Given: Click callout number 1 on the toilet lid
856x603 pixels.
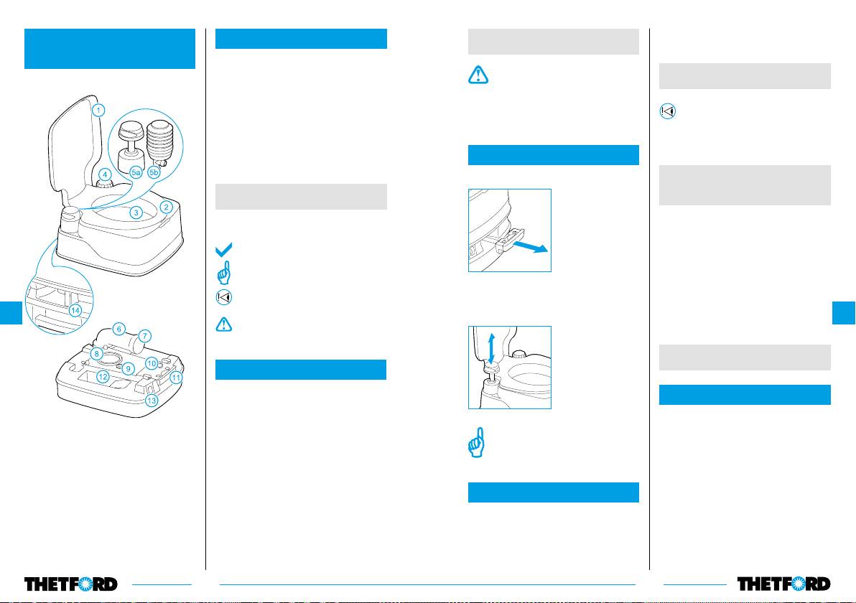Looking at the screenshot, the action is coord(98,111).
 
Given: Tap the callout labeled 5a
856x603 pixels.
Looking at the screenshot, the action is coord(136,172).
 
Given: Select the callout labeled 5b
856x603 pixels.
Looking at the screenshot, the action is coord(154,172).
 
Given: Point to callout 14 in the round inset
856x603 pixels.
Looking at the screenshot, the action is coord(75,311).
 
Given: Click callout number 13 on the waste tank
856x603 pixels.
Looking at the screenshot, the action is coord(152,401).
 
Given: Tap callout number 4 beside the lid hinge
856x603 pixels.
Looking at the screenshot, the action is coord(105,174).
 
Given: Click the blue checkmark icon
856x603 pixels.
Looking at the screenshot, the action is coord(224,249).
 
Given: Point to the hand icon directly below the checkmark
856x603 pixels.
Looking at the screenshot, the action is coord(224,273).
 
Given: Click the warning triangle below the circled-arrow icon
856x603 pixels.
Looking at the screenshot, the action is coord(224,324).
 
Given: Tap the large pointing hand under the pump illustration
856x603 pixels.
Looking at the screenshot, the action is coord(477,443).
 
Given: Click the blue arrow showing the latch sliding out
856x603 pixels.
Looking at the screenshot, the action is coord(531,247).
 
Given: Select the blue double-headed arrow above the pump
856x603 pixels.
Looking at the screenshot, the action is coord(491,348).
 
